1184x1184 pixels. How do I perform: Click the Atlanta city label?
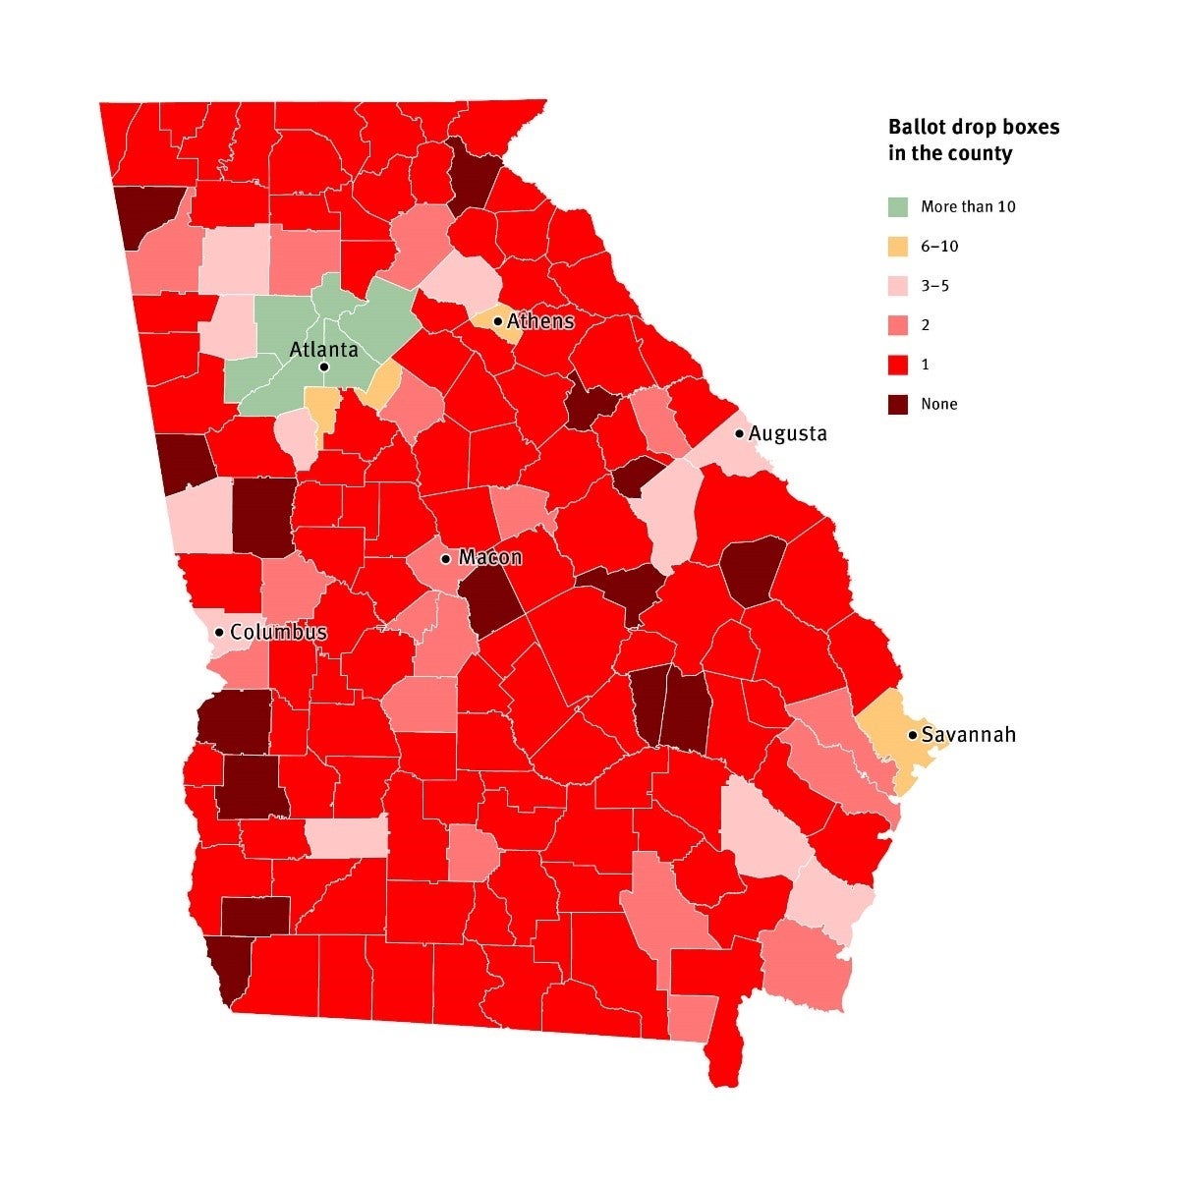click(323, 350)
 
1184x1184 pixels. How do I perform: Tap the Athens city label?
click(540, 321)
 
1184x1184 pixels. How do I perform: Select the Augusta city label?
click(787, 433)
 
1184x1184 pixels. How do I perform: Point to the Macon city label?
click(490, 558)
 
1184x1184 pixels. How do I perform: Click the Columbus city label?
click(278, 632)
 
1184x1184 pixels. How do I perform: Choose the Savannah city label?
click(968, 735)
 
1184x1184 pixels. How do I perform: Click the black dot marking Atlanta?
click(323, 367)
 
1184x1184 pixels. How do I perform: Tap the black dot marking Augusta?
click(739, 433)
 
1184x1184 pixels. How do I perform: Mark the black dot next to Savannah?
click(912, 735)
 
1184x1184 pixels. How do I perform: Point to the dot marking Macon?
click(445, 558)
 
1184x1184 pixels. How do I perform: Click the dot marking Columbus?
click(219, 632)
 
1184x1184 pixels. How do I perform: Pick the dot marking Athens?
click(498, 321)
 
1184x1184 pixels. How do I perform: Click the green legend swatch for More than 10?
click(898, 207)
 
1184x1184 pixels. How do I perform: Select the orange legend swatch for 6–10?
click(898, 247)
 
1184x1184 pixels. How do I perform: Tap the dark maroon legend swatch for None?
click(898, 404)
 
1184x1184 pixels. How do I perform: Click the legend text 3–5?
click(934, 286)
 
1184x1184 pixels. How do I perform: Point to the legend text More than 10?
click(968, 207)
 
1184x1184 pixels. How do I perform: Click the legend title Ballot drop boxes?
click(974, 127)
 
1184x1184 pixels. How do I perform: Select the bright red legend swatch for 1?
click(898, 365)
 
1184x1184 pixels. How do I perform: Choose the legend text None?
click(938, 404)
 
